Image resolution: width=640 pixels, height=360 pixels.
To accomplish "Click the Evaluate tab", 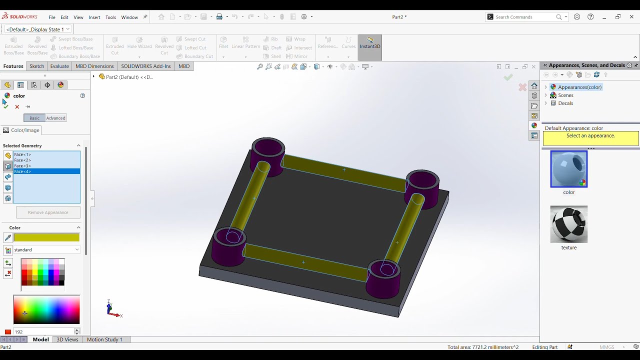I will (x=59, y=66).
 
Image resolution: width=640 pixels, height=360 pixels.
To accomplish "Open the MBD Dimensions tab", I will (x=94, y=66).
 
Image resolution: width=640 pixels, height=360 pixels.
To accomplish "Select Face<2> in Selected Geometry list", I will (x=22, y=160).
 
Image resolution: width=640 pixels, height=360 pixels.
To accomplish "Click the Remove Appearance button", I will (x=48, y=212).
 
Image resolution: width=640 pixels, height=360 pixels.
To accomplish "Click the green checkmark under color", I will (x=6, y=106).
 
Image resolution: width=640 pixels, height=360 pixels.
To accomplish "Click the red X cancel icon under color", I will (x=17, y=106).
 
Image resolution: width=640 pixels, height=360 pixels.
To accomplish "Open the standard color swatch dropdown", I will (x=46, y=249).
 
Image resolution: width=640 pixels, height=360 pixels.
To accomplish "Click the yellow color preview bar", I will (x=46, y=237).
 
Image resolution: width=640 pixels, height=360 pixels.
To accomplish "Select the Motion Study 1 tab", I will (x=104, y=339).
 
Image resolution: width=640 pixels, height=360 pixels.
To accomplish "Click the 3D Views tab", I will (x=67, y=339).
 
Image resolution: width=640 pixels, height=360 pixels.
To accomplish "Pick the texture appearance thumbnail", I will (x=568, y=224).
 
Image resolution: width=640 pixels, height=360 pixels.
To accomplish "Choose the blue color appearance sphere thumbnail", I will (x=568, y=169).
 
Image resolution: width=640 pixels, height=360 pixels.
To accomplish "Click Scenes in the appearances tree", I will (x=565, y=95).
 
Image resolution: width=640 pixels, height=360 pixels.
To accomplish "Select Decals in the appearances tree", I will (x=565, y=103).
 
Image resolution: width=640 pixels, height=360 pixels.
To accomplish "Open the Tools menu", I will (x=110, y=17).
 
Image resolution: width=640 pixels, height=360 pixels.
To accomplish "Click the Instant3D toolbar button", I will (x=370, y=43).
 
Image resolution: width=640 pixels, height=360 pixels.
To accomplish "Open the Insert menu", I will (x=94, y=17).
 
